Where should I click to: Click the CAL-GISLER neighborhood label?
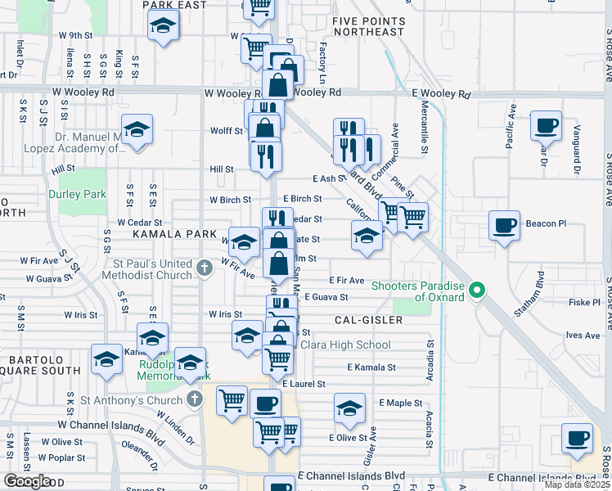pos(368,319)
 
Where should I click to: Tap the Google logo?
pos(27,480)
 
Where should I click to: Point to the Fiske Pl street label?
pos(584,302)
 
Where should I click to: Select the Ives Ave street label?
pos(583,335)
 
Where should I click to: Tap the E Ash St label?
pos(329,178)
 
